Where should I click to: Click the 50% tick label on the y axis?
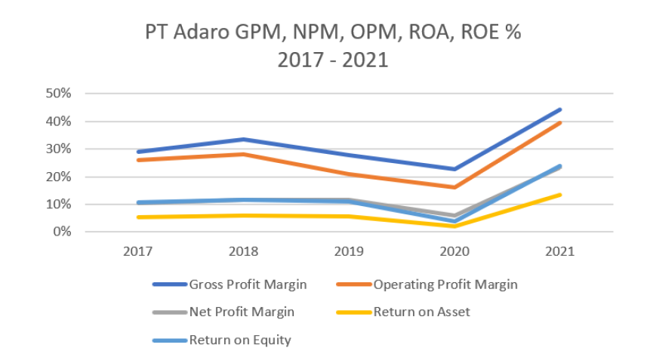coord(58,94)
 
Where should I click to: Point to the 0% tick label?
coord(61,232)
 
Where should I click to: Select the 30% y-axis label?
coord(58,149)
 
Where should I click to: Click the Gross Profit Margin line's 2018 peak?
coord(243,139)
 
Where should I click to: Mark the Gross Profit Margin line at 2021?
coord(559,109)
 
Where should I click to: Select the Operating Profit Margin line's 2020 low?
coord(454,187)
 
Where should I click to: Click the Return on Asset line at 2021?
coord(559,195)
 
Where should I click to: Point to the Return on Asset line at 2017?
coord(137,217)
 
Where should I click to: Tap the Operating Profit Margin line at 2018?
coord(243,154)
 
